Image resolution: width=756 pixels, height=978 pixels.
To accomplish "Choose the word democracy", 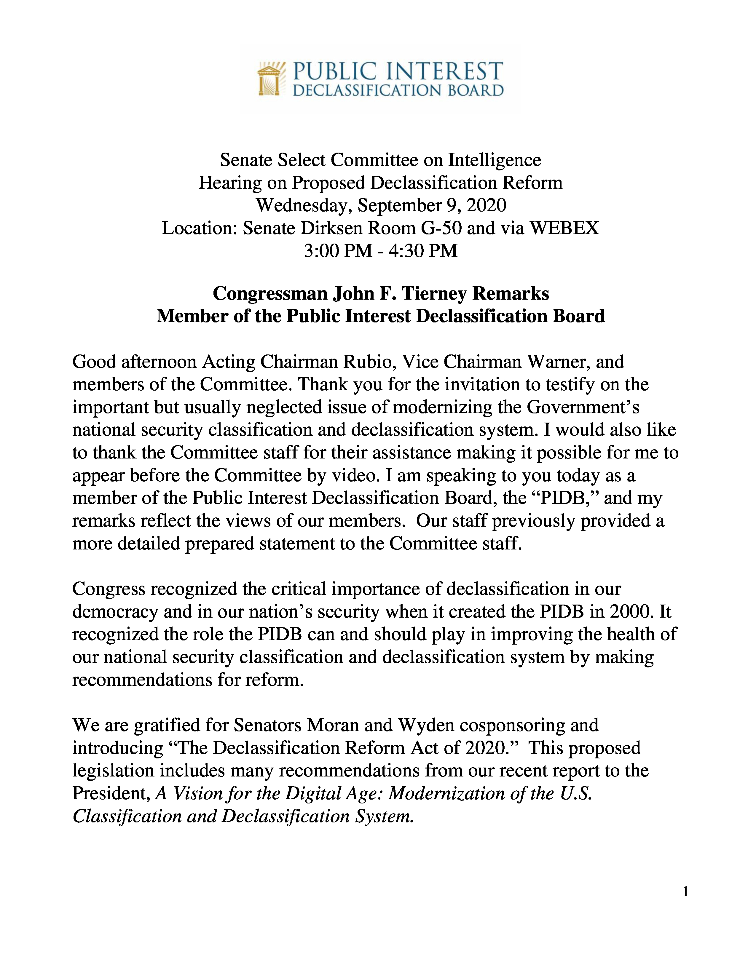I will click(x=115, y=612).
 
